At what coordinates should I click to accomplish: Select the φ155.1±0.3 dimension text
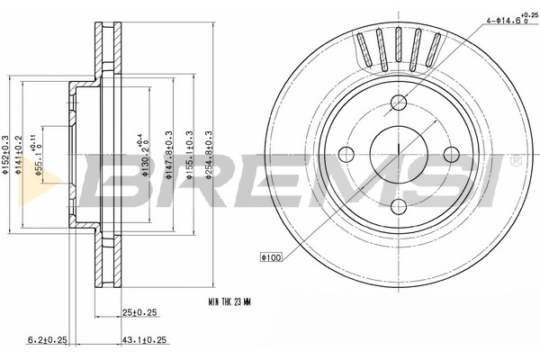pos(189,155)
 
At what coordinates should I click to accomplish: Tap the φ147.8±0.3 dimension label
pos(169,155)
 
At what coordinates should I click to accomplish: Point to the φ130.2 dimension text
pos(144,155)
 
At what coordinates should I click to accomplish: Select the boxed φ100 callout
pos(272,257)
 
